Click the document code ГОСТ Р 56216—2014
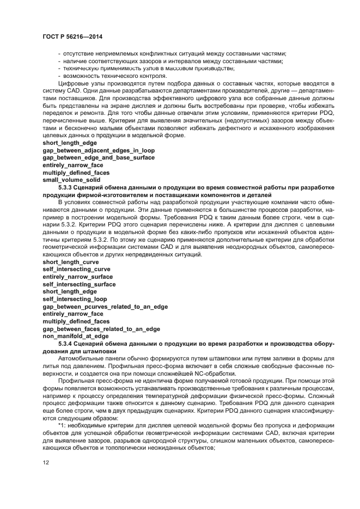coord(72,37)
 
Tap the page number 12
coord(46,463)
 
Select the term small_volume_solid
coord(71,180)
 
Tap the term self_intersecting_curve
coord(76,269)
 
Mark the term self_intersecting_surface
coord(79,284)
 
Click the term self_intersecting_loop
coord(75,299)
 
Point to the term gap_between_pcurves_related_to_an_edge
coord(105,306)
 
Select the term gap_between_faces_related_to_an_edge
coord(101,329)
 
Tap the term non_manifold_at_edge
coord(76,336)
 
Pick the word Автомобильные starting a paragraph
coord(81,359)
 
